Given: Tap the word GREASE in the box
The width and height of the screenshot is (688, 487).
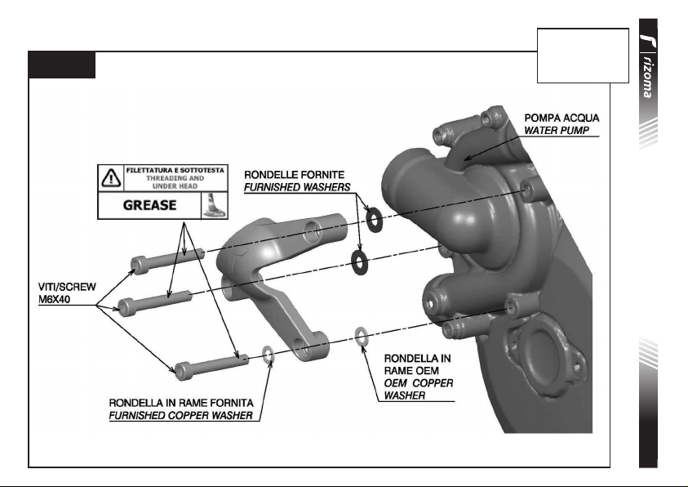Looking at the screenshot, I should tap(149, 205).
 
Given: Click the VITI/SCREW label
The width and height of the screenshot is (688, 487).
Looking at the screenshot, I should tap(68, 288).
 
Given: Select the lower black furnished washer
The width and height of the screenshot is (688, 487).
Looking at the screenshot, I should tap(357, 261).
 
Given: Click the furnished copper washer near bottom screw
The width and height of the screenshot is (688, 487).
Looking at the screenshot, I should tap(267, 354).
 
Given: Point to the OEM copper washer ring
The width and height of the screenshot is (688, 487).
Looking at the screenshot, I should tap(361, 334).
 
